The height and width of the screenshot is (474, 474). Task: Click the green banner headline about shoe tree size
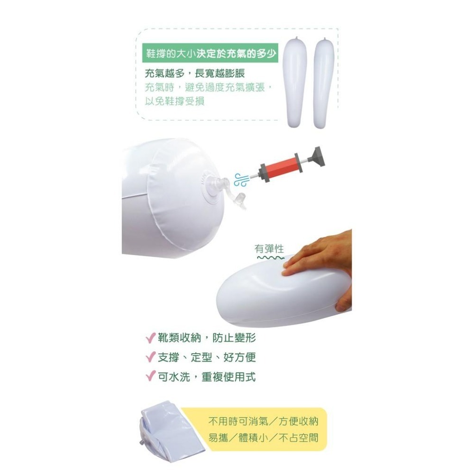coord(210,53)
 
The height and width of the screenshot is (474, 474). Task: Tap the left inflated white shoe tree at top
coord(296,82)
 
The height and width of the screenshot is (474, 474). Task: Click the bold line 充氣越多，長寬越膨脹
coord(195,73)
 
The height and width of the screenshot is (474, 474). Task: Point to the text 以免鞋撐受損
coord(175,101)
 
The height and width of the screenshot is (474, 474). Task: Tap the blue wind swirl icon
coord(242,180)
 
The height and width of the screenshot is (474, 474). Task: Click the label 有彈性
coord(269,249)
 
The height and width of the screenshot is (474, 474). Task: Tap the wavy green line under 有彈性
coord(271,258)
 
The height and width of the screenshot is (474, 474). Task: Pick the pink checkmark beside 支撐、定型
coord(151,357)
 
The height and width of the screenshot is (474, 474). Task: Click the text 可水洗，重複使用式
coord(207,377)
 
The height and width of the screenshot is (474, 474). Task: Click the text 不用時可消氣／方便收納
coord(263,421)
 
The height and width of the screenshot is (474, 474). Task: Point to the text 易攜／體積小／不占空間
coord(263,438)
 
